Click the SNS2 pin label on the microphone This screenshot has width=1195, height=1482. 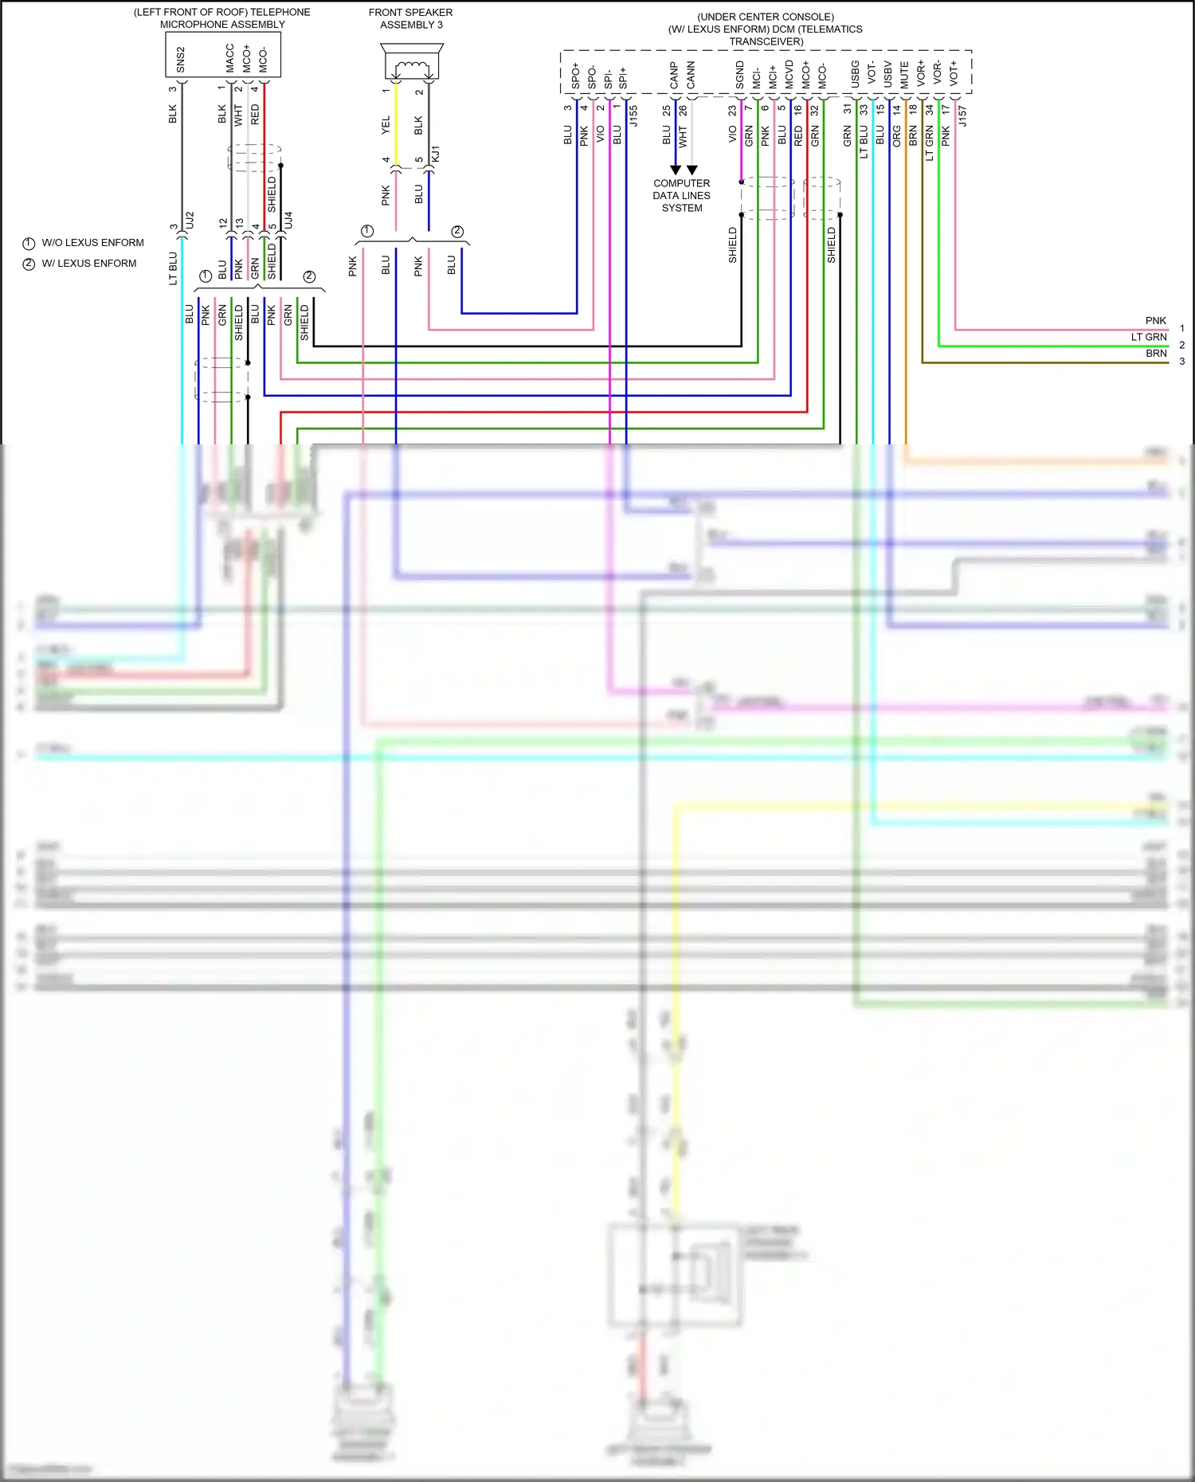(x=181, y=60)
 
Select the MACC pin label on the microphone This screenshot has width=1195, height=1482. (x=230, y=58)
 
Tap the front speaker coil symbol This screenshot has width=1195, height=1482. (x=413, y=67)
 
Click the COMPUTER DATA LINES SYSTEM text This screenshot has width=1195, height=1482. (x=681, y=195)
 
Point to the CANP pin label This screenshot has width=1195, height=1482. (x=674, y=76)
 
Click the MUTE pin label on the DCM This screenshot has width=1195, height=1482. (x=904, y=75)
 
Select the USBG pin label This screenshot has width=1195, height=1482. (x=855, y=74)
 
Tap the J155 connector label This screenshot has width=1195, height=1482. (x=634, y=116)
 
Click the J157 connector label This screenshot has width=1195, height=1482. (x=962, y=116)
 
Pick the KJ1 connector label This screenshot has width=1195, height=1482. (x=435, y=154)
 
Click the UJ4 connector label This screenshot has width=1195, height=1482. (x=288, y=221)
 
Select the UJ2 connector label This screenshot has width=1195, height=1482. (x=190, y=221)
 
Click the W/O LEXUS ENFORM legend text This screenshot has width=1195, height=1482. (x=92, y=243)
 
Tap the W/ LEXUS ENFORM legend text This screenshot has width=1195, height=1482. (x=88, y=264)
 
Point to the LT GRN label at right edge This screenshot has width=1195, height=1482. (x=1148, y=337)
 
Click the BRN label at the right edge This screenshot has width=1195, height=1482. (x=1156, y=354)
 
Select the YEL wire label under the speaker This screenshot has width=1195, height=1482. (x=386, y=124)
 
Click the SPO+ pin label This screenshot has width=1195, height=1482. (x=575, y=76)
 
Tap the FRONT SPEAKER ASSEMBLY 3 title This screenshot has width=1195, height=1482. (x=411, y=18)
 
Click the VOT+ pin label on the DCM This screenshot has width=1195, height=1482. (x=954, y=73)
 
